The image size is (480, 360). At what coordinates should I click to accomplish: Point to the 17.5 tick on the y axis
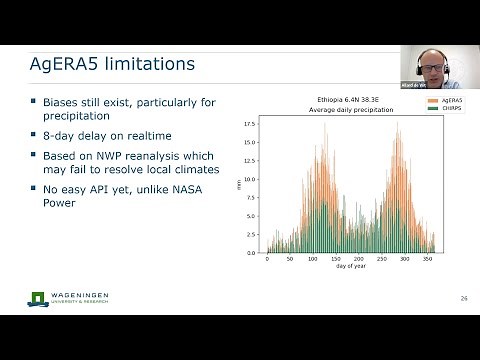[x=251, y=125]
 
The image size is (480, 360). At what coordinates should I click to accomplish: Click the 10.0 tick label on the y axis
[x=251, y=180]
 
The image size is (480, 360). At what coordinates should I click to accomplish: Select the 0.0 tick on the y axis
[x=253, y=253]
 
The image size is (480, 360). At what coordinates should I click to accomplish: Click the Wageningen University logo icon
[x=38, y=298]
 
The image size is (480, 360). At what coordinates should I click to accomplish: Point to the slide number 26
[x=463, y=299]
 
